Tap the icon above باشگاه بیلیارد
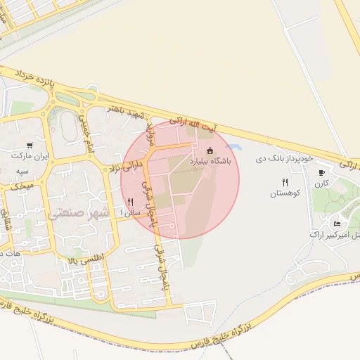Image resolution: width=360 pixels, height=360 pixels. point(209,150)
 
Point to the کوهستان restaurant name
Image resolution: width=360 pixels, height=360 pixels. point(285,193)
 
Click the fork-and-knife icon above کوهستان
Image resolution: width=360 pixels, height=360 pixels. point(285,182)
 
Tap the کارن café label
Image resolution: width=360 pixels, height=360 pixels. point(322,184)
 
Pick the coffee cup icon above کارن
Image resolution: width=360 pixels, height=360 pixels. point(322,173)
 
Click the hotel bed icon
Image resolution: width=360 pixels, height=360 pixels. point(337,224)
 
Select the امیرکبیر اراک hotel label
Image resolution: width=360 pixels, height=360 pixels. point(335,233)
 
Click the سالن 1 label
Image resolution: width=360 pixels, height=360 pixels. point(130,212)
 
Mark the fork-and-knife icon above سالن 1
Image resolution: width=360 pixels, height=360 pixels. point(130,202)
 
